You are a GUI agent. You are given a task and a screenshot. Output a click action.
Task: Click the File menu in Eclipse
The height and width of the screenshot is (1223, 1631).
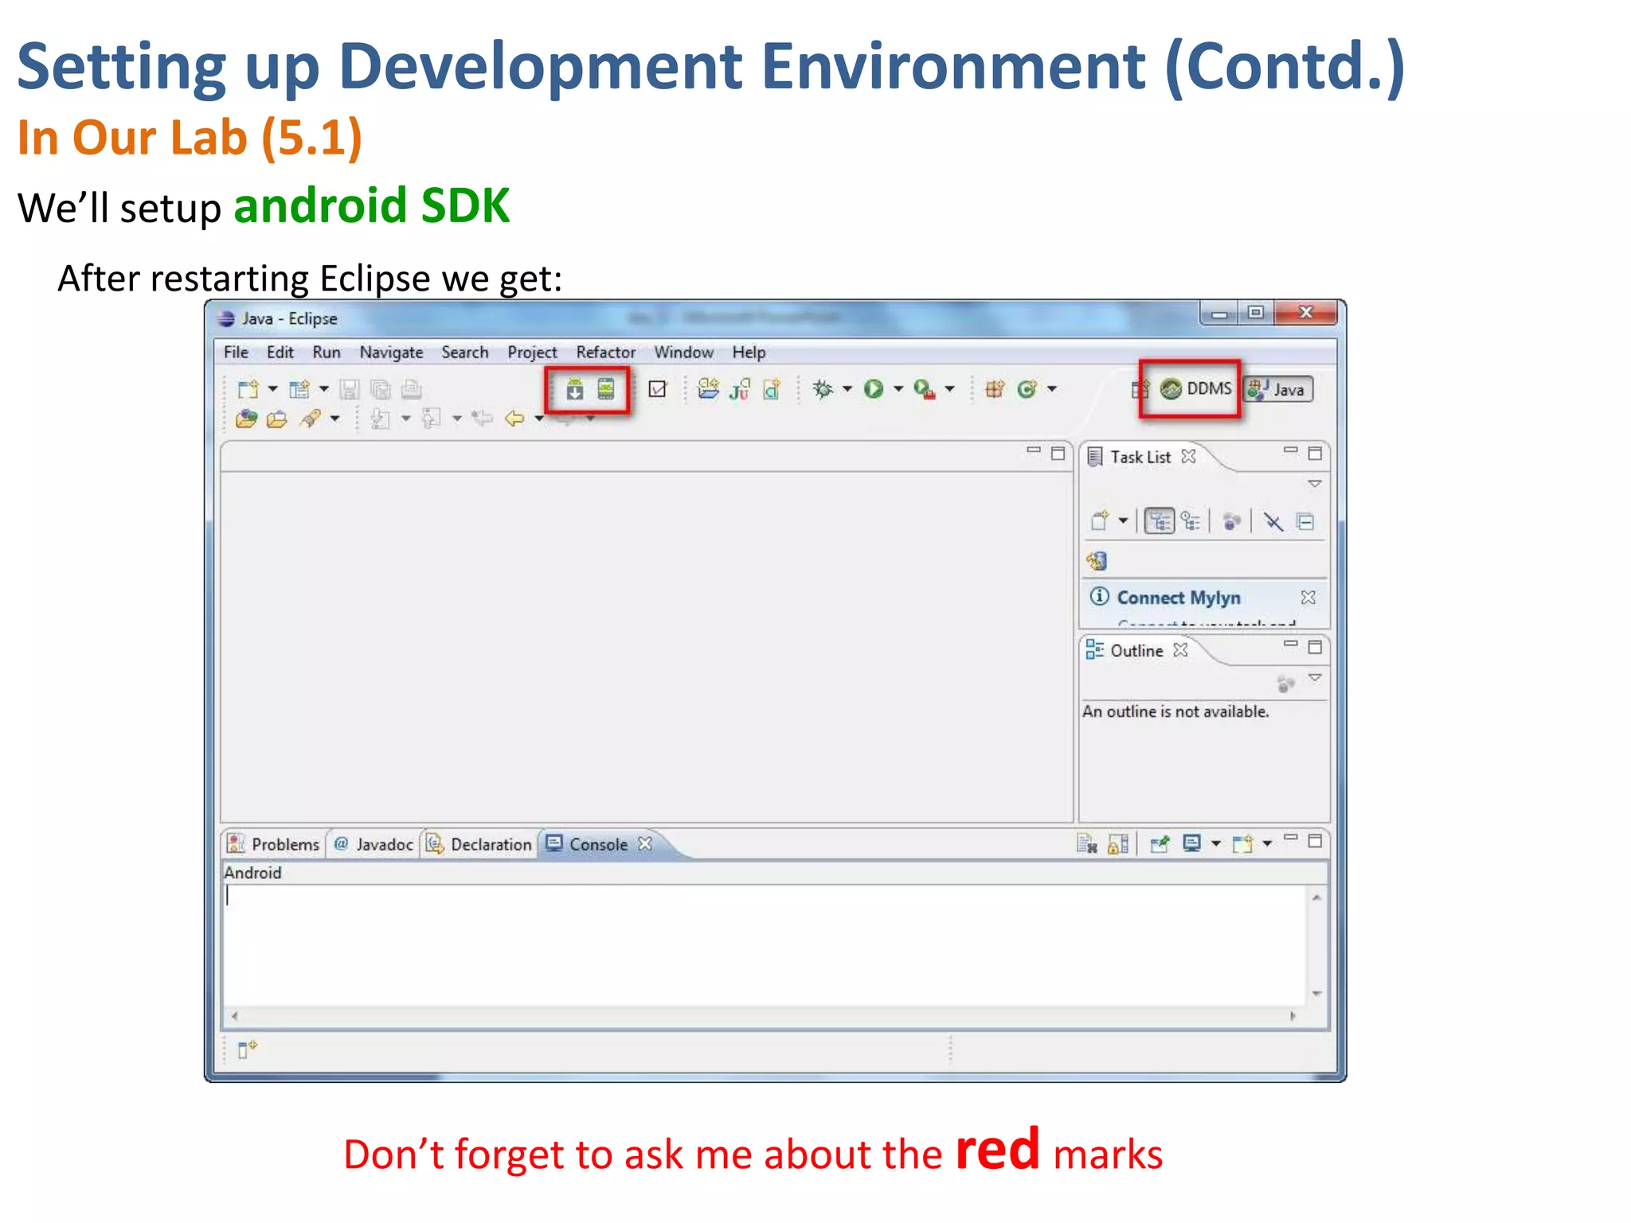pyautogui.click(x=236, y=352)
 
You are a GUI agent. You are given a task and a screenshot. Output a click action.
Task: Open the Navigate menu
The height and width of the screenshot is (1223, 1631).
pyautogui.click(x=391, y=352)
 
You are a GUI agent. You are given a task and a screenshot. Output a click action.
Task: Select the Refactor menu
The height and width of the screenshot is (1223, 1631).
pyautogui.click(x=605, y=352)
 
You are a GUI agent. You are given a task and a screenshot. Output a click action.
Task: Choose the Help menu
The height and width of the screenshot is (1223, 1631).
pyautogui.click(x=749, y=352)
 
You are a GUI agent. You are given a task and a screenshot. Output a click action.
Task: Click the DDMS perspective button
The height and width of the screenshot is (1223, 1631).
pyautogui.click(x=1197, y=389)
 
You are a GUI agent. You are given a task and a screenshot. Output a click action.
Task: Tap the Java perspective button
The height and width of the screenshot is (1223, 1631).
pyautogui.click(x=1279, y=389)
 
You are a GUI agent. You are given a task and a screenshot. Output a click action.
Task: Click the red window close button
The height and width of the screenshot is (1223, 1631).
pyautogui.click(x=1305, y=313)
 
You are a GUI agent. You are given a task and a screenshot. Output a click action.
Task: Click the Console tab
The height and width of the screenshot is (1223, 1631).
pyautogui.click(x=597, y=844)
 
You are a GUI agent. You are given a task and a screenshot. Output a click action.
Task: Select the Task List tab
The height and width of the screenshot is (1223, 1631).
pyautogui.click(x=1140, y=457)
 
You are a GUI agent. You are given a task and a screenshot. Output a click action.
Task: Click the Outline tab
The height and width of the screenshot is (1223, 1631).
pyautogui.click(x=1136, y=651)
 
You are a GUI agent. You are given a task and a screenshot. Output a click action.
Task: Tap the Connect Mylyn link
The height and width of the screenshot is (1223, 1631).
pyautogui.click(x=1178, y=597)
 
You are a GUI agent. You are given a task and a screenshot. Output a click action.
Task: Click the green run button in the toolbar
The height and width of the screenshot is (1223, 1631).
pyautogui.click(x=874, y=389)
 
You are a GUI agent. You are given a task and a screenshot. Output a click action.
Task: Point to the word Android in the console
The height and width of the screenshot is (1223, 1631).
pyautogui.click(x=252, y=873)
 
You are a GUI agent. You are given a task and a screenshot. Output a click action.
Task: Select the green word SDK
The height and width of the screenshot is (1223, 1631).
pyautogui.click(x=465, y=205)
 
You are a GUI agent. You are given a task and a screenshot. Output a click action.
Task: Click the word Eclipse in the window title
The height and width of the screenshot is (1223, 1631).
pyautogui.click(x=313, y=318)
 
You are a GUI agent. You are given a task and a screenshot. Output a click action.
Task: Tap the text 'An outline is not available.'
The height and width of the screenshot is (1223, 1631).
pyautogui.click(x=1175, y=711)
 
